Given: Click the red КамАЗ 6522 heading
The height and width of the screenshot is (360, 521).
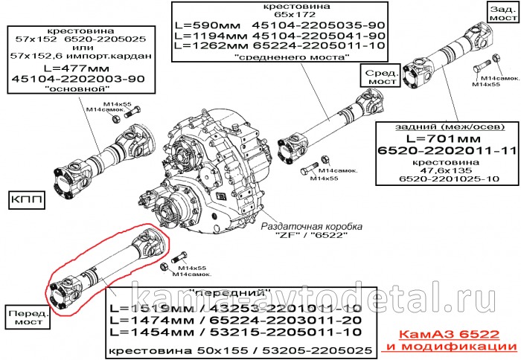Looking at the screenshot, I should click(455, 335).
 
